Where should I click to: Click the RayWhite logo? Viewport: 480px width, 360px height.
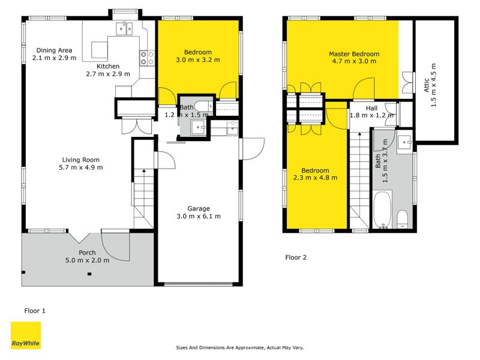26,335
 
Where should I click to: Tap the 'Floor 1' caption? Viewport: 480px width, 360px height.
34,311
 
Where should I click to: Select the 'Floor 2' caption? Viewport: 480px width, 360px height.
295,257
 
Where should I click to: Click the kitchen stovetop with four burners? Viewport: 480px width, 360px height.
147,58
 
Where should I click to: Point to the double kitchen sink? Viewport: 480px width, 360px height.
126,26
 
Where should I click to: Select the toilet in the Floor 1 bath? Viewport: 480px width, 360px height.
203,107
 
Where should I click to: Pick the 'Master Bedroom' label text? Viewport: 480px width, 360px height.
353,54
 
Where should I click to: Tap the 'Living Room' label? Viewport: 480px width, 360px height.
80,160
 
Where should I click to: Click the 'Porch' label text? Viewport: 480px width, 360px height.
87,253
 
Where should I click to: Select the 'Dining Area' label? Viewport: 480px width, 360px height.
55,50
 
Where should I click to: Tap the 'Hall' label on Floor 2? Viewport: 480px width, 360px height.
371,108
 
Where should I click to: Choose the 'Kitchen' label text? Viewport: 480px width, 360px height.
108,66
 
